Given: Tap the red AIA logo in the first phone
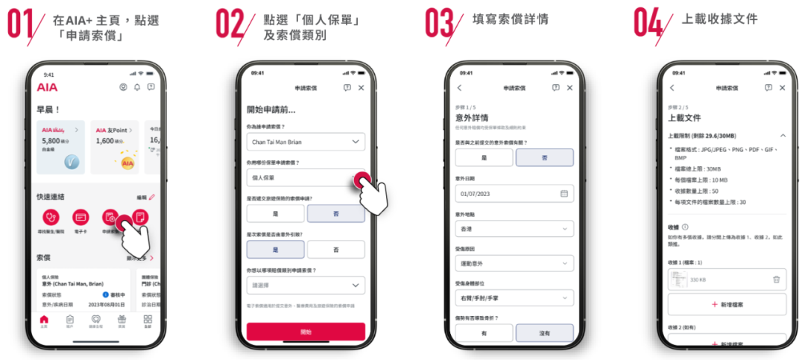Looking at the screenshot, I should point(47,87).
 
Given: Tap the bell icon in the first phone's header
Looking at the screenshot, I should point(136,87).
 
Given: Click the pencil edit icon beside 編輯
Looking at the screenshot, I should point(152,197).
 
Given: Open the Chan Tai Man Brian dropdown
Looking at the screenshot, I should point(306,141).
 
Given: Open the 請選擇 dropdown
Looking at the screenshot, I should point(306,285).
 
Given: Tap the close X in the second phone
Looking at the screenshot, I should point(362,88).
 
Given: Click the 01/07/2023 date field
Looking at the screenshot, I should point(514,194).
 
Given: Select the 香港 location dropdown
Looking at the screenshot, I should point(514,229).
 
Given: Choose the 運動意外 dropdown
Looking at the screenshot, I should point(514,263).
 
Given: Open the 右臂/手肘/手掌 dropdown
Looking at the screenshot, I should point(514,297).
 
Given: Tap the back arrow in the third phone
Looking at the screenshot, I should point(459,88).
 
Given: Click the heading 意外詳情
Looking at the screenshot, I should point(472,118).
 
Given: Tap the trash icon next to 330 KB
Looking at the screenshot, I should point(776,279).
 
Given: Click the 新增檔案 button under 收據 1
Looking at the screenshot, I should point(727,304).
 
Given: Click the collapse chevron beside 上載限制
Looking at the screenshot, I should point(782,136).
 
